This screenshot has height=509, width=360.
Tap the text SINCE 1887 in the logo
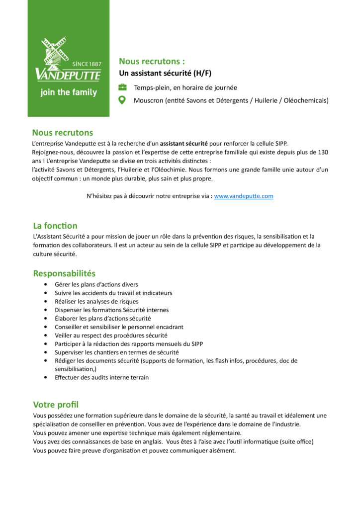pyautogui.click(x=87, y=64)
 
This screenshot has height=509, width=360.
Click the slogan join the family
pyautogui.click(x=69, y=92)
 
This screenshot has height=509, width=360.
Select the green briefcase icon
pyautogui.click(x=122, y=87)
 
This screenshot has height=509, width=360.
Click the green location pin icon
pyautogui.click(x=122, y=100)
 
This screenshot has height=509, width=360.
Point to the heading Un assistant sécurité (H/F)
pyautogui.click(x=165, y=74)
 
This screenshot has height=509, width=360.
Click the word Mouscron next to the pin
pyautogui.click(x=148, y=100)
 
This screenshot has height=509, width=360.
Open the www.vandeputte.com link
pyautogui.click(x=244, y=196)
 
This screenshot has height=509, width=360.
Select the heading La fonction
pyautogui.click(x=55, y=226)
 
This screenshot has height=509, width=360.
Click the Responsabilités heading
pyautogui.click(x=64, y=273)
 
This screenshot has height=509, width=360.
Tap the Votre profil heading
pyautogui.click(x=56, y=405)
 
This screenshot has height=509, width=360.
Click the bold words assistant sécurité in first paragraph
pyautogui.click(x=183, y=143)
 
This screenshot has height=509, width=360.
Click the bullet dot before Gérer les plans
pyautogui.click(x=46, y=285)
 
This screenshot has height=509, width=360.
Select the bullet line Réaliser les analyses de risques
pyautogui.click(x=96, y=302)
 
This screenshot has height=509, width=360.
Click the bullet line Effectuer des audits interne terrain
pyautogui.click(x=101, y=378)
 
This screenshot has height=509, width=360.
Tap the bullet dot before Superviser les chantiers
pyautogui.click(x=46, y=352)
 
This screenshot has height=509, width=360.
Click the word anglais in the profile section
pyautogui.click(x=147, y=441)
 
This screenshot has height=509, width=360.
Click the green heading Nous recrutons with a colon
pyautogui.click(x=152, y=62)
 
